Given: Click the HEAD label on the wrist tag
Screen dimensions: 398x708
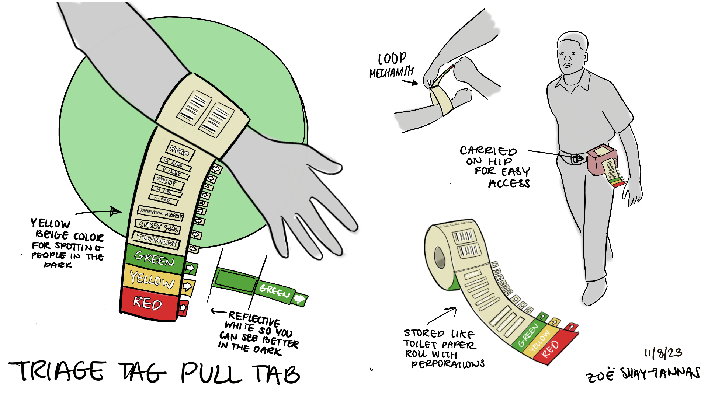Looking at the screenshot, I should coord(180,150).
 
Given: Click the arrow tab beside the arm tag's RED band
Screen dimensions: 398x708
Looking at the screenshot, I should coord(183,308).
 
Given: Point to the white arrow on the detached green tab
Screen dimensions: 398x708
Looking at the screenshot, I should coord(299,299).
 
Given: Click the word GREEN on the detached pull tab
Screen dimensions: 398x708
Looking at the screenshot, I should coord(274,291).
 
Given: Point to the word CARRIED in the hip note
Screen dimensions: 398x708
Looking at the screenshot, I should coord(488,151).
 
